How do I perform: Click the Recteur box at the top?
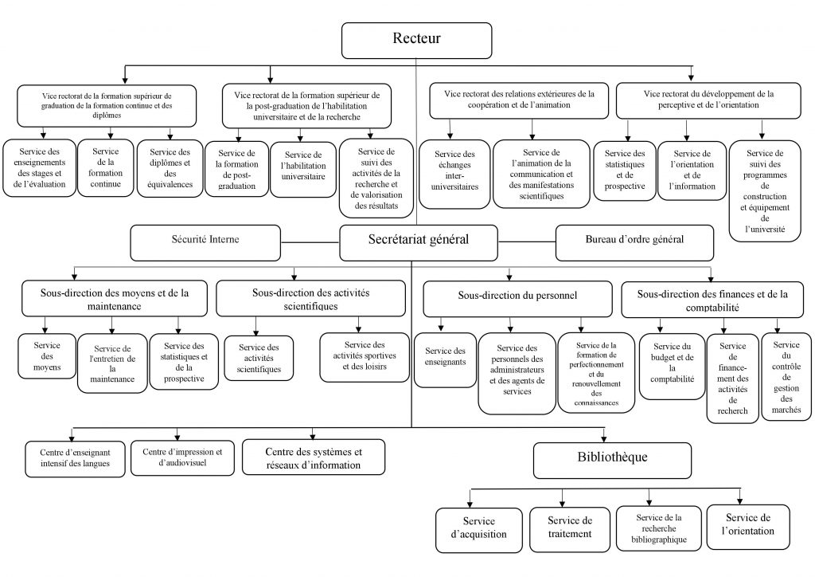coord(416,40)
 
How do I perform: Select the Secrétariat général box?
coord(419,242)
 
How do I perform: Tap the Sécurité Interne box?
coord(205,242)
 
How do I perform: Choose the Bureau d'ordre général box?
coord(634,242)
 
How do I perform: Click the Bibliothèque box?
coord(612,461)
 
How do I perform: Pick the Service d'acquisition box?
coord(478,530)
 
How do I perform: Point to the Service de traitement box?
coord(570,530)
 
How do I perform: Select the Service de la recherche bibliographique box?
coord(658,528)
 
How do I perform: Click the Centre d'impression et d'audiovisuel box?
coord(182,457)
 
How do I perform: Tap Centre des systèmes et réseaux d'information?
coord(314,457)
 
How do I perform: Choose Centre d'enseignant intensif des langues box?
coord(75,459)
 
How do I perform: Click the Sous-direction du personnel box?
coord(517,299)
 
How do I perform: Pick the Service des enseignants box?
coord(445,360)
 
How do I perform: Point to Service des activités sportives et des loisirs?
coord(365,358)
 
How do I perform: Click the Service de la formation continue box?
coord(106,167)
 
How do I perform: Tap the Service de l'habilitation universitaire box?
coord(303,169)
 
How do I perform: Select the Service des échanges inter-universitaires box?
coord(454,174)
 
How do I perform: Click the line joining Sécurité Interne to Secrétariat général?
coord(310,242)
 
